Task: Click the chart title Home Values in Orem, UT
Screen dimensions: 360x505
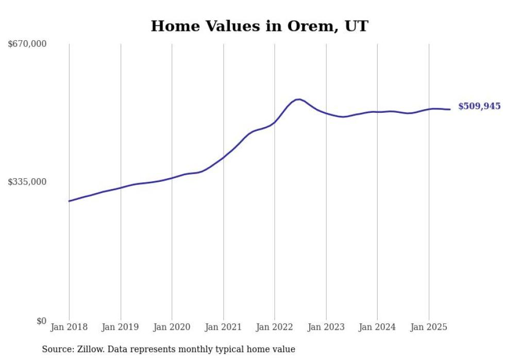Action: click(259, 26)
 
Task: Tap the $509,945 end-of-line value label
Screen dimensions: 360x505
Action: click(479, 106)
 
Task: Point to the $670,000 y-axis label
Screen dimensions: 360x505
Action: click(27, 44)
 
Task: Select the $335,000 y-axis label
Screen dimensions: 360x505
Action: click(27, 182)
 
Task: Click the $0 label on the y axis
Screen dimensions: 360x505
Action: click(41, 321)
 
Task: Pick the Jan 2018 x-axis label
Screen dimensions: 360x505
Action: click(69, 327)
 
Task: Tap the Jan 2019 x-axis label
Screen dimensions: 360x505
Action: click(121, 327)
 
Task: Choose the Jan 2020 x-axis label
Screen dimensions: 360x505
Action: click(172, 327)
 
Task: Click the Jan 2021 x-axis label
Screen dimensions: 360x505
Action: click(223, 327)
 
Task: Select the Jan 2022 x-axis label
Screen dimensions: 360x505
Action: click(275, 327)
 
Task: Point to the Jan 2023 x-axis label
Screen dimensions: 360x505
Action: click(326, 327)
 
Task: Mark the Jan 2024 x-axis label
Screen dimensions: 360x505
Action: click(377, 327)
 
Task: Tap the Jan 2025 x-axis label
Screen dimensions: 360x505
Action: click(429, 327)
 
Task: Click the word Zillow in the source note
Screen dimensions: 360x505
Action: click(90, 349)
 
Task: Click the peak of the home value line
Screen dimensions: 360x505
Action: click(299, 99)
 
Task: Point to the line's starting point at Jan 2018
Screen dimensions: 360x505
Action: click(69, 201)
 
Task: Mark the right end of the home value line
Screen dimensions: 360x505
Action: click(450, 109)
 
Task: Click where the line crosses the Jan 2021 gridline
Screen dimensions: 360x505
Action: click(223, 157)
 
